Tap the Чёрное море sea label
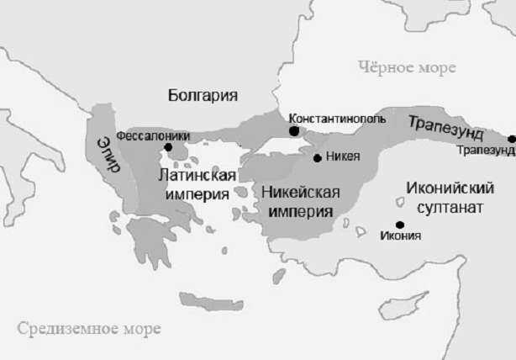click(406, 66)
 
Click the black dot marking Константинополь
click(293, 131)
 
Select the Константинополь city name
click(336, 119)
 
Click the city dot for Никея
click(317, 157)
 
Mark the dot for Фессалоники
click(168, 147)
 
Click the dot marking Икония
click(400, 224)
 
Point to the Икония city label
click(400, 236)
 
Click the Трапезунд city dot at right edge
click(512, 138)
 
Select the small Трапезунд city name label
click(486, 151)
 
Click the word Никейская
click(300, 192)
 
